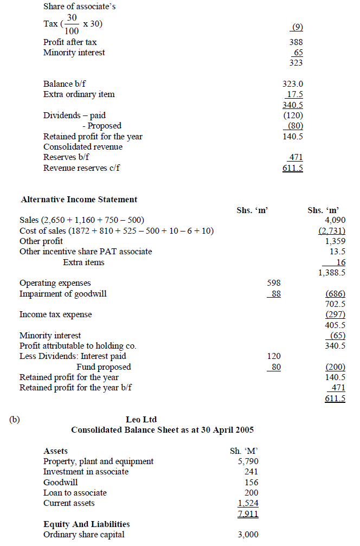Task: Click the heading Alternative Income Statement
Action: [x=79, y=200]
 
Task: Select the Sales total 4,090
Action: [x=335, y=221]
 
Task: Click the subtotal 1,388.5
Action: [x=332, y=273]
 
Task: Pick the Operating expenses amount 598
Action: [x=274, y=283]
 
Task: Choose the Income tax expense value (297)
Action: [x=336, y=314]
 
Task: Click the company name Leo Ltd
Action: [x=141, y=420]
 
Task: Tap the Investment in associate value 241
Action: [x=251, y=472]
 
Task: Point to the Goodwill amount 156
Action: [x=251, y=482]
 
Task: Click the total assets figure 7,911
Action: [x=247, y=513]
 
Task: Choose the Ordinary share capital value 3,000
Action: [x=248, y=535]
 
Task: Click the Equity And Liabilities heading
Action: [x=86, y=524]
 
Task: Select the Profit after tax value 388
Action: [x=296, y=42]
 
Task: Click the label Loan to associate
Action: [x=75, y=493]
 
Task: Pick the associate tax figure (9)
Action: [x=297, y=27]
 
